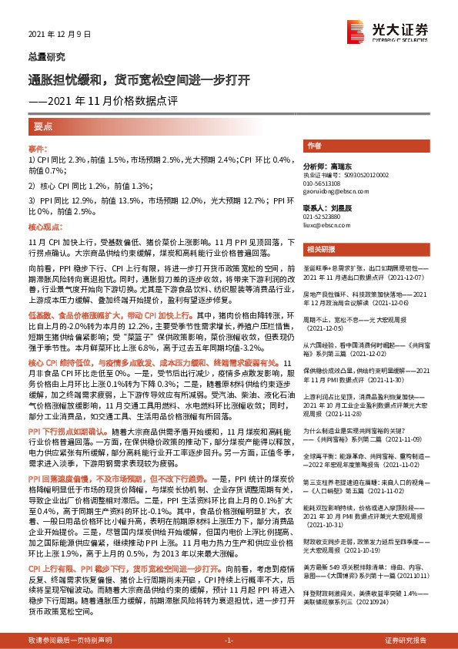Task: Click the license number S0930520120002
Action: pos(362,176)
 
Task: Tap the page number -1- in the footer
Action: pos(229,641)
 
